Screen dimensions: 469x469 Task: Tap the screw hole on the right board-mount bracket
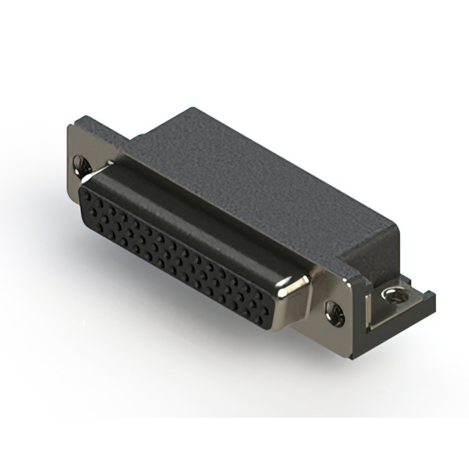(394, 295)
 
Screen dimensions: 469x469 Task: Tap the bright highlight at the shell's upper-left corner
(89, 174)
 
